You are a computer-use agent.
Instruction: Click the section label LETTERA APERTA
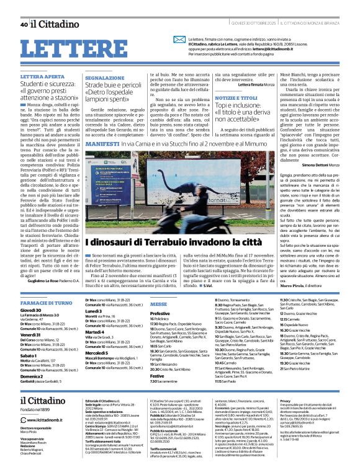[x=42, y=76]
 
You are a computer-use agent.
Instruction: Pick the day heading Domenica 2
[x=32, y=376]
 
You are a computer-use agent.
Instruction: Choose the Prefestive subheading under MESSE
[x=160, y=314]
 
